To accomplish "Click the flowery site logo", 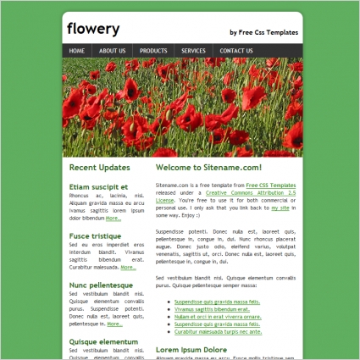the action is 93,30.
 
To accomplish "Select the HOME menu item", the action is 77,51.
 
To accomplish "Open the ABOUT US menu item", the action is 112,51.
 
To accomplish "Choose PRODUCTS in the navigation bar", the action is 153,51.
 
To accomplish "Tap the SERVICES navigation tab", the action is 193,51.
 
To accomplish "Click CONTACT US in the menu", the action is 236,51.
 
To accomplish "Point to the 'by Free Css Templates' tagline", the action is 263,32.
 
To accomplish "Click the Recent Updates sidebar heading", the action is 99,167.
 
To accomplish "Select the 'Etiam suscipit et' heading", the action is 98,186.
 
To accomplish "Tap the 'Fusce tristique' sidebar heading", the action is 95,235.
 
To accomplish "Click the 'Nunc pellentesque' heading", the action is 101,285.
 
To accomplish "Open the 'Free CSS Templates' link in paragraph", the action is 271,185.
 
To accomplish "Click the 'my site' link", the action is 280,208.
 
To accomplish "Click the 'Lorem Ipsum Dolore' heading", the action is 191,349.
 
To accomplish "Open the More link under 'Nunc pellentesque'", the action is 115,324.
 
